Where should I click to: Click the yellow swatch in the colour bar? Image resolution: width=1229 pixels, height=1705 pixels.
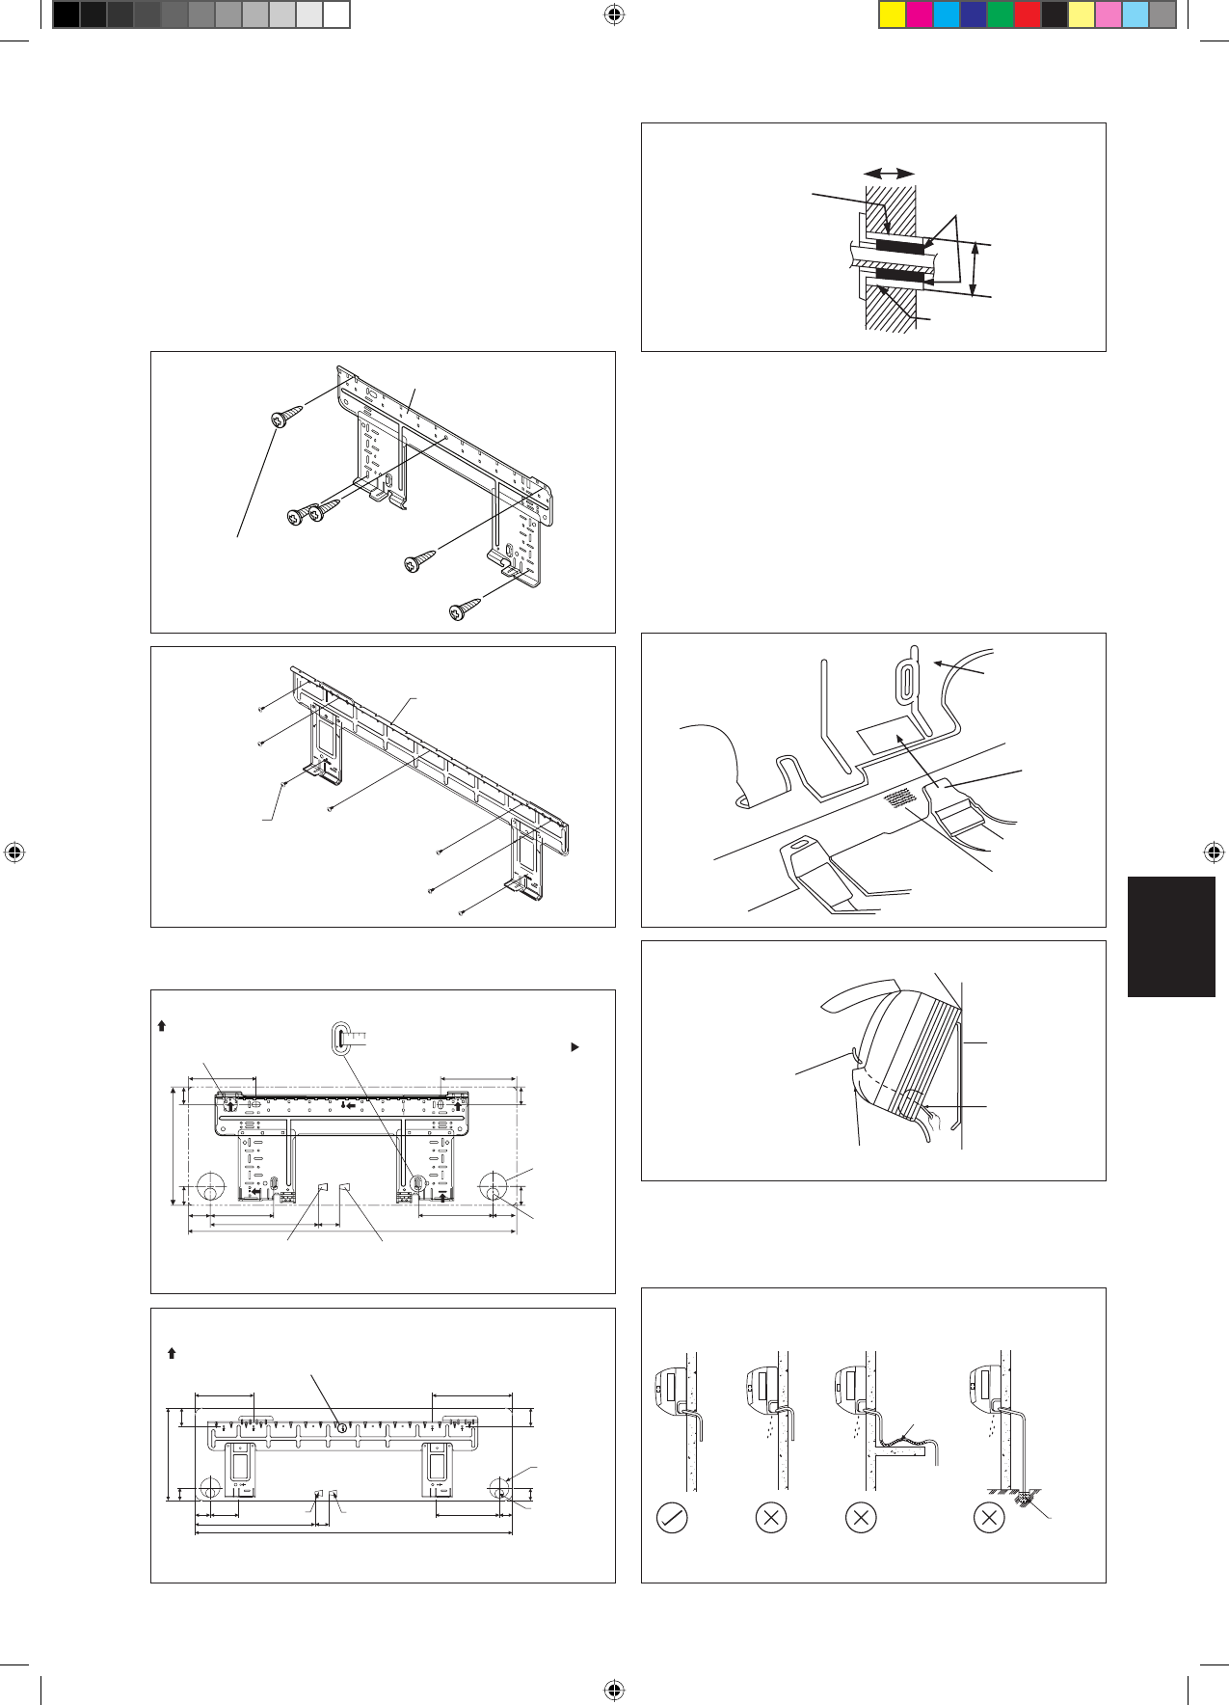tap(893, 15)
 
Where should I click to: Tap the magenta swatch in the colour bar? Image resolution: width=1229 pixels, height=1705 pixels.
tap(920, 15)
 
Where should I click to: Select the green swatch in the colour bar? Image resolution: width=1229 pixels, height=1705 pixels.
tap(1001, 15)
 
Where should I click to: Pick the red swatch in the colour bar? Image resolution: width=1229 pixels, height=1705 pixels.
tap(1028, 15)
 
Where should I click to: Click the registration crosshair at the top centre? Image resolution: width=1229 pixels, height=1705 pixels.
tap(614, 14)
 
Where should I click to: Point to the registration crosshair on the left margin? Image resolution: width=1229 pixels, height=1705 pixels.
tap(14, 852)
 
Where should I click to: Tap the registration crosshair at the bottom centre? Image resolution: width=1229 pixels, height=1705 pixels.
tap(614, 1690)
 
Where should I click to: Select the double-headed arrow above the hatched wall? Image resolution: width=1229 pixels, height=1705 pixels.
tap(889, 173)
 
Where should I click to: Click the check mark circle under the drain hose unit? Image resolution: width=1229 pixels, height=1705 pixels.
tap(672, 1518)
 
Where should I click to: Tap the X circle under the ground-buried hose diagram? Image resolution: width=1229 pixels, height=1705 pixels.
tap(989, 1518)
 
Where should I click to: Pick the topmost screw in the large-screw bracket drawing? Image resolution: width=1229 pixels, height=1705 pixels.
tap(286, 418)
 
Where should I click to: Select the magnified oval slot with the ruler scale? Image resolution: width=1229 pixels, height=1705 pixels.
tap(338, 1038)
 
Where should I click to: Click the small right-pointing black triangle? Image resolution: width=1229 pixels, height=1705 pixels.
tap(575, 1046)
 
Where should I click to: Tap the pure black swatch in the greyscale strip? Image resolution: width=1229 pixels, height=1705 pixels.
tap(66, 15)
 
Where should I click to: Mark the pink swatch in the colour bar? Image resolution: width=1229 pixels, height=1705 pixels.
tap(1109, 15)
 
